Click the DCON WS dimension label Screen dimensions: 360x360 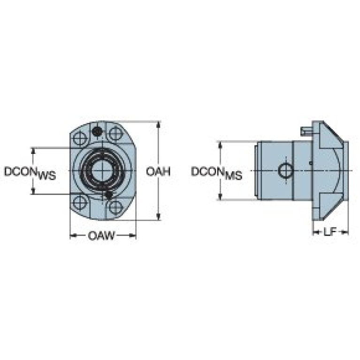30,173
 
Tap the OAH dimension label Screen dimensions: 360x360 158,171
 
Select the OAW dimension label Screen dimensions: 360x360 101,236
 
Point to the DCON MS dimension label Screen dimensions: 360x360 216,173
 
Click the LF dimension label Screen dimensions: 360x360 330,232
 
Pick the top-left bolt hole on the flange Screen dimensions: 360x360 80,138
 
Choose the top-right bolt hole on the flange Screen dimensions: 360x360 116,133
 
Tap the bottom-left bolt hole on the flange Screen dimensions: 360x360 80,203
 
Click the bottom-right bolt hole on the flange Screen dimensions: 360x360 116,207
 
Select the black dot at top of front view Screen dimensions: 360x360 97,131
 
